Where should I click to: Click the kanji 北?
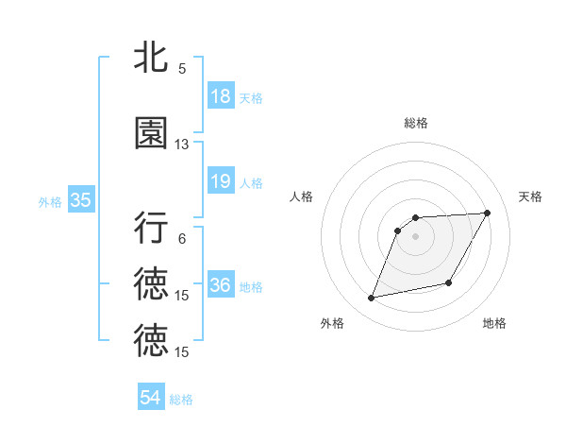(151, 58)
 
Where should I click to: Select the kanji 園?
(151, 133)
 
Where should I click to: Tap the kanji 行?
(151, 228)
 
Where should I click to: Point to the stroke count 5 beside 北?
(182, 68)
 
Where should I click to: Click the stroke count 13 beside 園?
(182, 145)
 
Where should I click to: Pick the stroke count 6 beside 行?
(182, 239)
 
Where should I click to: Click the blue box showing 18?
(220, 95)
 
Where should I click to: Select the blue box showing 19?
(220, 181)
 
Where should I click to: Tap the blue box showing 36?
(220, 285)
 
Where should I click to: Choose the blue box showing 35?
(80, 200)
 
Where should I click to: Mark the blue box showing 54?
(151, 398)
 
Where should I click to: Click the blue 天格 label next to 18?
(251, 97)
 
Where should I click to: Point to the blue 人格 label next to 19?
(251, 182)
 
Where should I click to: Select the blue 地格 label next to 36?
(251, 286)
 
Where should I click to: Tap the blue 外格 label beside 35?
(50, 201)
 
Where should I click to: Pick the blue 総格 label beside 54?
(181, 400)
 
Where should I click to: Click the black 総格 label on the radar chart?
(416, 123)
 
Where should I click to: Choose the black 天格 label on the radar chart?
(531, 196)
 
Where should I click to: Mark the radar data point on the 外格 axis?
(372, 299)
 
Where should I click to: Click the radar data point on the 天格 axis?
(488, 213)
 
